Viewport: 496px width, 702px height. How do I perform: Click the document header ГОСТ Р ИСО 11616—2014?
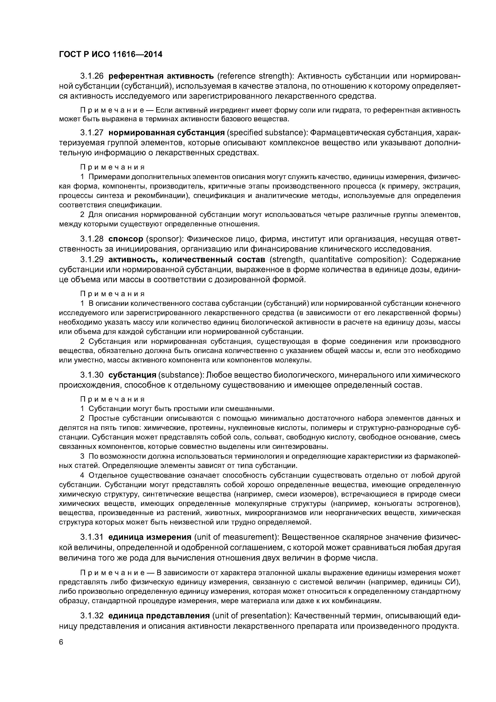[x=110, y=54]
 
